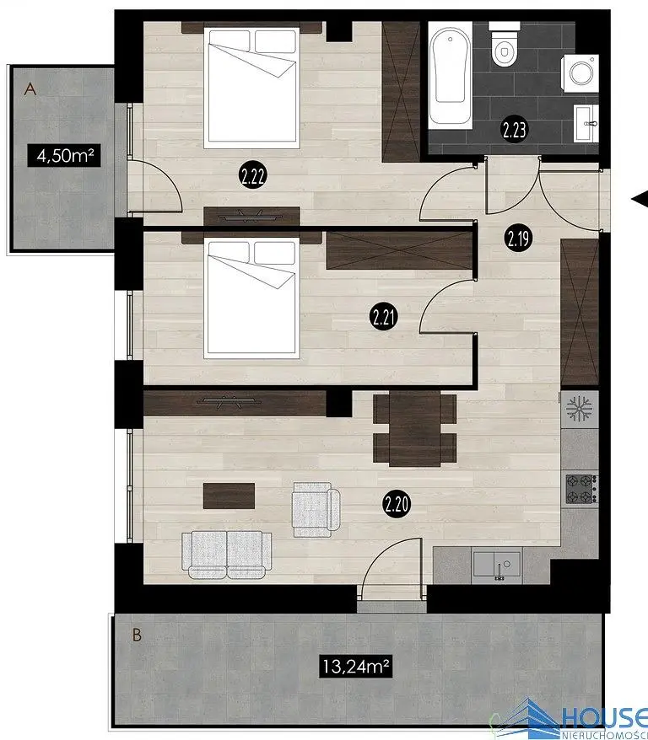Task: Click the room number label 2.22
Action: point(252,176)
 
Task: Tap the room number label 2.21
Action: point(383,317)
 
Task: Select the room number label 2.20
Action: point(397,505)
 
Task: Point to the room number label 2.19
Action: point(519,239)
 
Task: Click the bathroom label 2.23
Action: point(514,130)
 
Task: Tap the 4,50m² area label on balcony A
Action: point(64,155)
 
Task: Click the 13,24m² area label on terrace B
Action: point(356,666)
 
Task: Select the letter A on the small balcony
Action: point(30,88)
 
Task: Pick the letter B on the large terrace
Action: point(137,635)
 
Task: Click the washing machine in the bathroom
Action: point(580,72)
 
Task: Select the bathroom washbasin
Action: point(586,123)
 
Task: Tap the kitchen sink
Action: point(497,565)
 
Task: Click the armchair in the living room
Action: point(316,509)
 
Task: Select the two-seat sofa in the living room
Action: point(227,555)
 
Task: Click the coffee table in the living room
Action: point(229,496)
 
